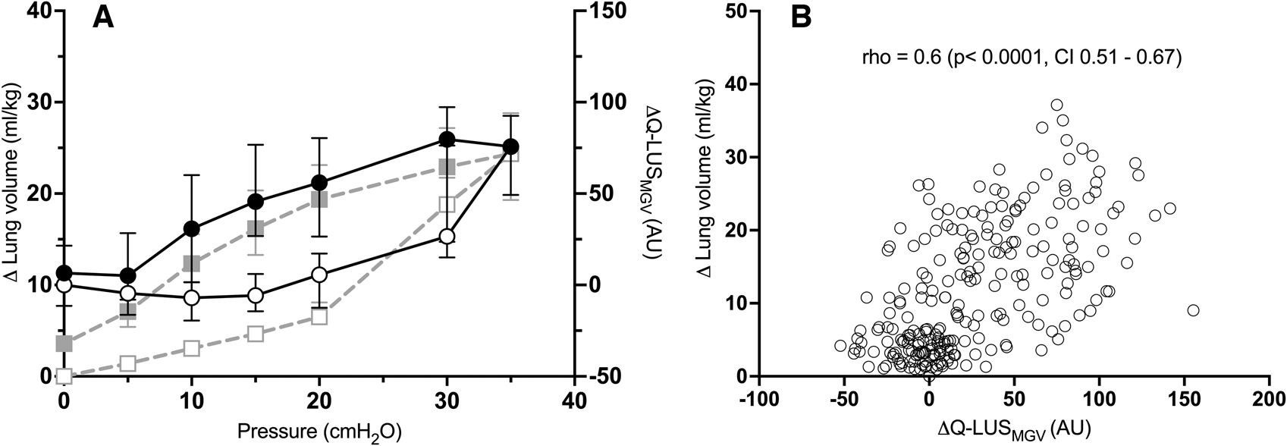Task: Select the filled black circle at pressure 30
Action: (447, 139)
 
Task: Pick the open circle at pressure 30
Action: (447, 237)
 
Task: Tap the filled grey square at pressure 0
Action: (64, 344)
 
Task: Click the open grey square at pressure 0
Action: (64, 375)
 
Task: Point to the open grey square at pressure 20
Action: (319, 317)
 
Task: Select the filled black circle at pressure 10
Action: (192, 228)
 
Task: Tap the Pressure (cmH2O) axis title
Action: (319, 432)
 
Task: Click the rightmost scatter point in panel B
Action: (1193, 310)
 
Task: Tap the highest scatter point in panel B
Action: (1056, 105)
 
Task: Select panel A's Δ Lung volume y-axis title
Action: (13, 194)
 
